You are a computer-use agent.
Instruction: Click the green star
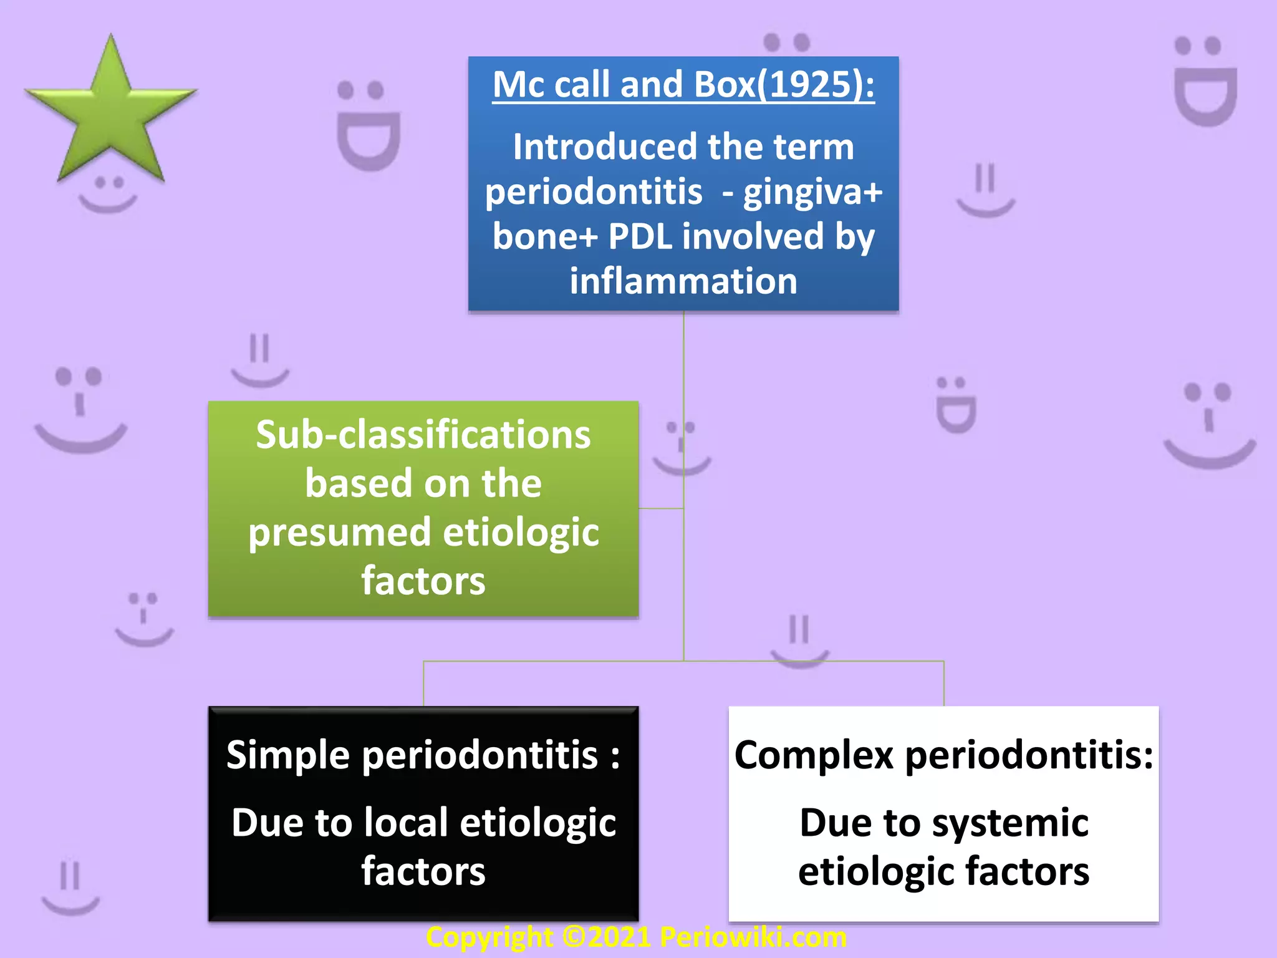click(x=111, y=112)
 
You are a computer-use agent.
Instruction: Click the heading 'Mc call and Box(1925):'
click(x=683, y=84)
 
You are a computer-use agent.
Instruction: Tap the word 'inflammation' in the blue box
click(x=683, y=281)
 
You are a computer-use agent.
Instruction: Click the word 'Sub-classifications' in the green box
click(x=423, y=435)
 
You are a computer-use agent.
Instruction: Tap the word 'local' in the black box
click(x=406, y=823)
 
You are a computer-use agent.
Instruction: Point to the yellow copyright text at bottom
click(x=636, y=937)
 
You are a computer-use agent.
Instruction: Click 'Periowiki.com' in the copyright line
click(x=753, y=937)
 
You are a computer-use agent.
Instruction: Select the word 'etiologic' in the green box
click(x=521, y=533)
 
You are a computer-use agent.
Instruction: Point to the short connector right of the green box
click(x=661, y=508)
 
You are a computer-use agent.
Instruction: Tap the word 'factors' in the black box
click(x=423, y=871)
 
